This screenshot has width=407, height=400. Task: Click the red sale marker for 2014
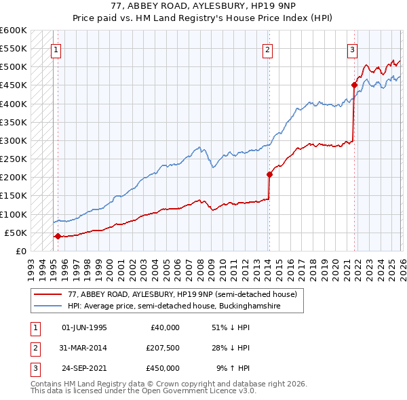(269, 174)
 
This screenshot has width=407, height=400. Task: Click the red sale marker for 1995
(58, 237)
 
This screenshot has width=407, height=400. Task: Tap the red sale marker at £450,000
(354, 85)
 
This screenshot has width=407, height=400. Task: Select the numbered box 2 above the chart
(268, 49)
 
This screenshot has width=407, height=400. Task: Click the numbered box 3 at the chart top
(353, 49)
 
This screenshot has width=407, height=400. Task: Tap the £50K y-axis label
(16, 233)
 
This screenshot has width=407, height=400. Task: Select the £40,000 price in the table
(163, 327)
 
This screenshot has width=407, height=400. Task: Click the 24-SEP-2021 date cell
(84, 368)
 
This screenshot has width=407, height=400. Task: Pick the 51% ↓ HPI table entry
(231, 327)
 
